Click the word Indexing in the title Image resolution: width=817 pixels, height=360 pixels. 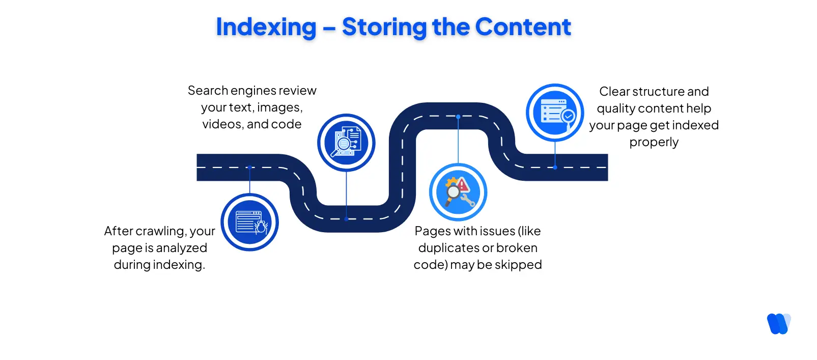click(266, 27)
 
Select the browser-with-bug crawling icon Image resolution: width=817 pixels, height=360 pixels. click(249, 222)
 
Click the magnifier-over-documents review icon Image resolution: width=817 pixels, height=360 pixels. click(346, 143)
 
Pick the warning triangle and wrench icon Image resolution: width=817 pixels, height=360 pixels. click(458, 192)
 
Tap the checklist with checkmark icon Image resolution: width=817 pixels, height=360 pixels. click(555, 113)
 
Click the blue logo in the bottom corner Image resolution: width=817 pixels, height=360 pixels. click(778, 323)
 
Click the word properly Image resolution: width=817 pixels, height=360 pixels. click(654, 142)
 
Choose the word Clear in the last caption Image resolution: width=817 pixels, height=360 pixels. click(614, 92)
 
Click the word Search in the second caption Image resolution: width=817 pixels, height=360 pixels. click(208, 91)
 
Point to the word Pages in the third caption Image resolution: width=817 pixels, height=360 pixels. click(433, 231)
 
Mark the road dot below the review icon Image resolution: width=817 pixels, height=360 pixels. click(346, 219)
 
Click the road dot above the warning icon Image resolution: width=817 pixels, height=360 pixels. click(458, 117)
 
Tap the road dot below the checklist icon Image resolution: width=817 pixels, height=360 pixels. click(555, 167)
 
